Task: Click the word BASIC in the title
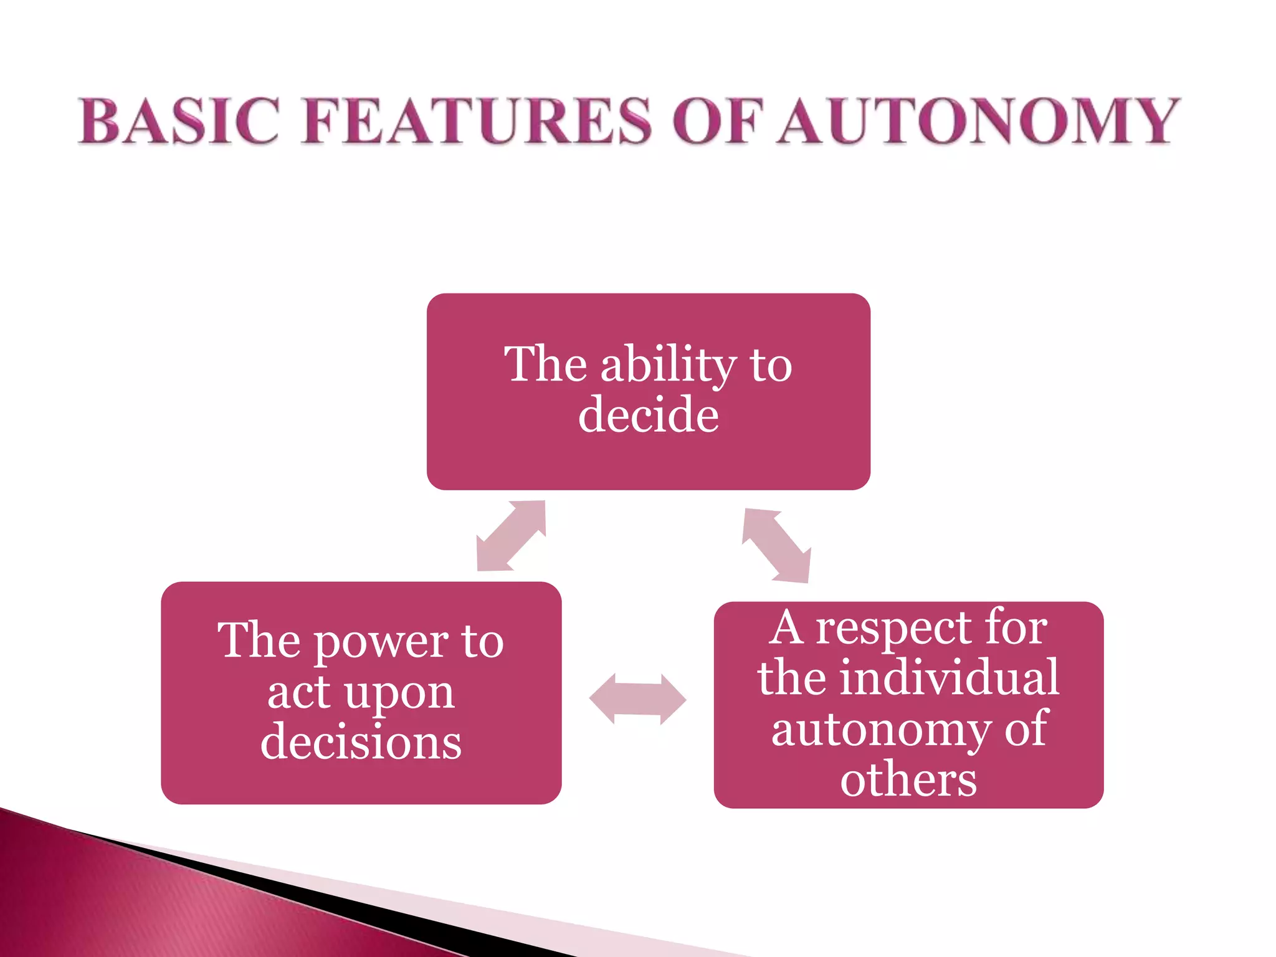(x=178, y=121)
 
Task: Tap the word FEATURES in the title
(x=477, y=121)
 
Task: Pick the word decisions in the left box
(x=361, y=742)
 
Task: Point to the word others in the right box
(x=908, y=779)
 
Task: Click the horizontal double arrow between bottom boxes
(x=637, y=699)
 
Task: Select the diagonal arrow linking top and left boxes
(x=511, y=536)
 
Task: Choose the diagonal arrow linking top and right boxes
(x=776, y=545)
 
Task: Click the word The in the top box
(x=545, y=364)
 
